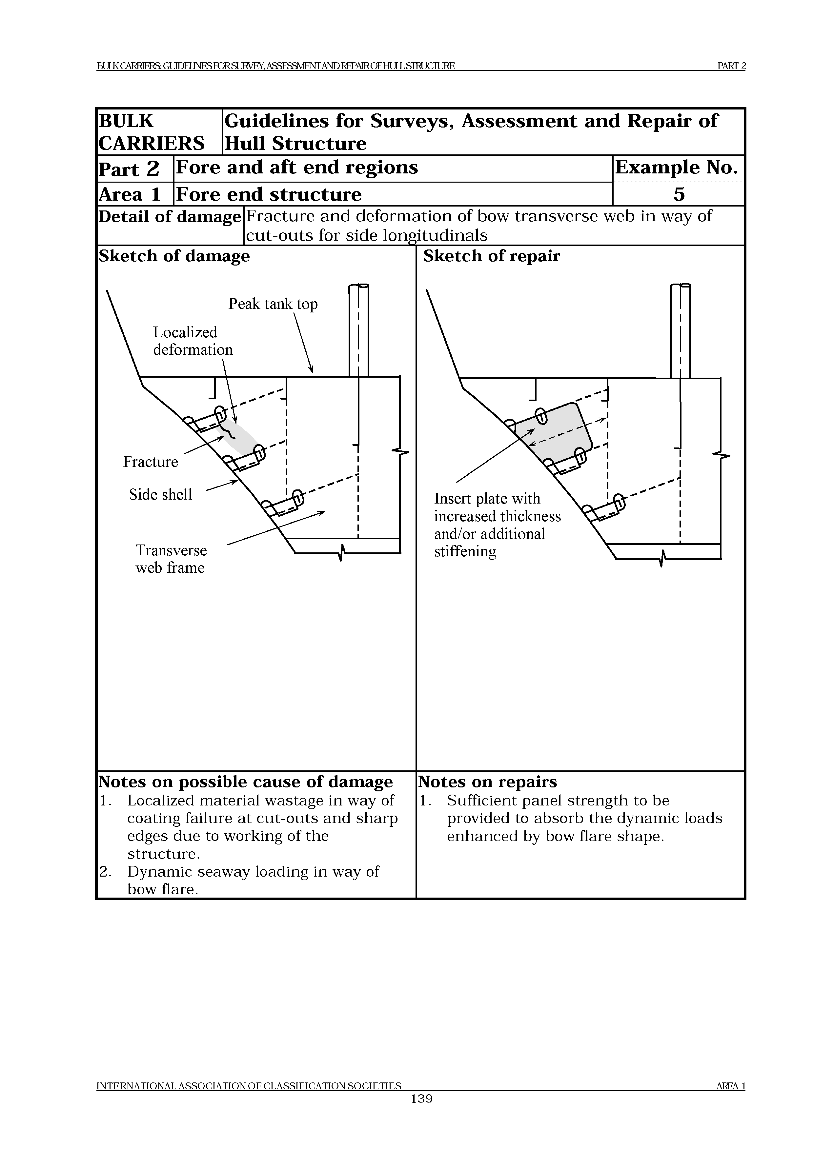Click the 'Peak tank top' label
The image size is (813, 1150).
pyautogui.click(x=273, y=304)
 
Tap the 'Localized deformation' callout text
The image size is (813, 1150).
pyautogui.click(x=193, y=341)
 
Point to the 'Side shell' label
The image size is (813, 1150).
pyautogui.click(x=160, y=495)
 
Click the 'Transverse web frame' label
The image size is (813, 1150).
pyautogui.click(x=171, y=559)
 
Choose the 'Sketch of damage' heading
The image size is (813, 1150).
pyautogui.click(x=174, y=256)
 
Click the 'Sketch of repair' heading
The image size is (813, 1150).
pyautogui.click(x=491, y=256)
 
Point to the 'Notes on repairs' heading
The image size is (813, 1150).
pyautogui.click(x=487, y=782)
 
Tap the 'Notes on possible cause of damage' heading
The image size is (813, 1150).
pyautogui.click(x=245, y=782)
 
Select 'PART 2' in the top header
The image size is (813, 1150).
pyautogui.click(x=731, y=66)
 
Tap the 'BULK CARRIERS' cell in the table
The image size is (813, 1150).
pyautogui.click(x=151, y=132)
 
